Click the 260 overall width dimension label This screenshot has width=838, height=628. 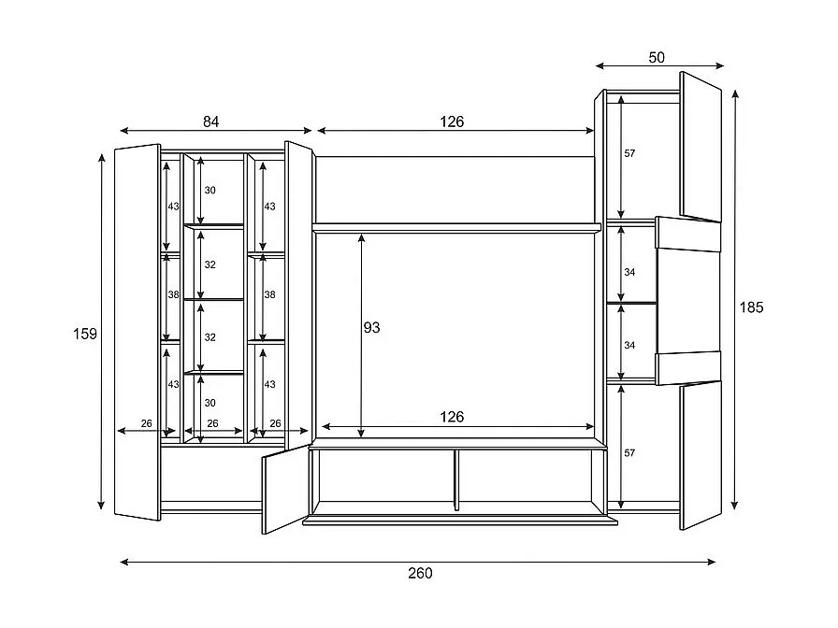tap(420, 574)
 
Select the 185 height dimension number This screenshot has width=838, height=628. tap(751, 307)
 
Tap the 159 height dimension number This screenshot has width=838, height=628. tap(85, 334)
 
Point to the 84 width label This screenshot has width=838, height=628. tap(211, 121)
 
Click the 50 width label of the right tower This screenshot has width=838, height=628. tap(657, 58)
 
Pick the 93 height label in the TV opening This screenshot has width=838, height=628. tap(371, 328)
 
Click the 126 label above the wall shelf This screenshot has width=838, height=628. tap(452, 121)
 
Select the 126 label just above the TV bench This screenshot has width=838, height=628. tap(452, 417)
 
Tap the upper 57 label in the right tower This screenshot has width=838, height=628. tap(629, 153)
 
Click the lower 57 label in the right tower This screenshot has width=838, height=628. tap(629, 453)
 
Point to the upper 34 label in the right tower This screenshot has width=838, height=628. tap(629, 273)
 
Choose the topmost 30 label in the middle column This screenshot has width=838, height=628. tap(209, 191)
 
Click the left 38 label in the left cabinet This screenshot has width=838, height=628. tap(173, 294)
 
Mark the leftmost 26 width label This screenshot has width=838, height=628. tap(146, 423)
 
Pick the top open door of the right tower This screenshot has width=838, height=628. tap(701, 148)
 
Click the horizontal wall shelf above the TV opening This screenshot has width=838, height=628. tap(455, 226)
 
